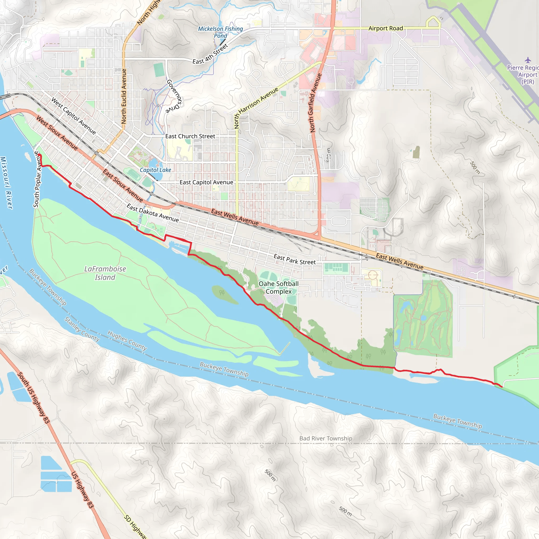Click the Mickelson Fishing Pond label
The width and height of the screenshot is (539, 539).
(x=220, y=32)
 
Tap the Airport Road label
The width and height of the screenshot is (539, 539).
(x=386, y=28)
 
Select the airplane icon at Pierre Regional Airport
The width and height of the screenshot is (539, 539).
(x=528, y=60)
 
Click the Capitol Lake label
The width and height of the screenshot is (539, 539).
(x=155, y=170)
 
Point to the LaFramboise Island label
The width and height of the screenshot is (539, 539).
(x=105, y=273)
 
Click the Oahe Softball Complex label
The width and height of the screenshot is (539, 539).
(x=278, y=287)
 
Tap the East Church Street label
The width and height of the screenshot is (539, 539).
(x=190, y=136)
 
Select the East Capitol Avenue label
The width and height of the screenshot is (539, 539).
(x=206, y=182)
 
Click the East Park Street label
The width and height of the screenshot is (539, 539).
(x=295, y=259)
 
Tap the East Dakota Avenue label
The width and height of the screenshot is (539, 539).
(x=153, y=213)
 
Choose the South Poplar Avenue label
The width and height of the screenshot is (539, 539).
(x=37, y=179)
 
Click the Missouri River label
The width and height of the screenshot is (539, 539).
(x=6, y=183)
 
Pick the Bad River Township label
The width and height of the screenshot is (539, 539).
(x=326, y=438)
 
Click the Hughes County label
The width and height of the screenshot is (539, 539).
(x=127, y=340)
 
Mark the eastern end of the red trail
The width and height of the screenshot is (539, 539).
(x=502, y=387)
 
